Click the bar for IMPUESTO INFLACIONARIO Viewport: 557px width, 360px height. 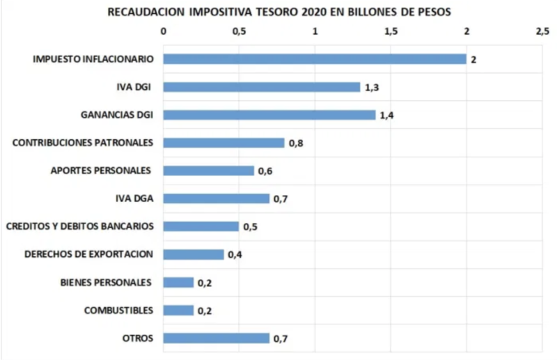point(315,59)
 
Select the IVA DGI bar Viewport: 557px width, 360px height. point(262,87)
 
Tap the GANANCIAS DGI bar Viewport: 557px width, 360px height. point(269,115)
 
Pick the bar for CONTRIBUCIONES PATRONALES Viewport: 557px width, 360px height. point(224,143)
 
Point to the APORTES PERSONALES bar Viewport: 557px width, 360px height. point(209,171)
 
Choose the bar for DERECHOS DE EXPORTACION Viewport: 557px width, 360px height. point(194,254)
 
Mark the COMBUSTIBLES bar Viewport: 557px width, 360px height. point(179,310)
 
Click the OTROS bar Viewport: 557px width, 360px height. point(217,338)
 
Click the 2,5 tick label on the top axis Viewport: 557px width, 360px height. point(542,32)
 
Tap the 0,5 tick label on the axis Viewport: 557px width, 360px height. point(240,32)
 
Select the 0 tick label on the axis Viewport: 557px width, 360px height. point(164,32)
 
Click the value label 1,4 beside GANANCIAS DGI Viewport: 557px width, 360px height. point(388,116)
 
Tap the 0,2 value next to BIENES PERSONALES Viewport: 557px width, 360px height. point(205,283)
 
